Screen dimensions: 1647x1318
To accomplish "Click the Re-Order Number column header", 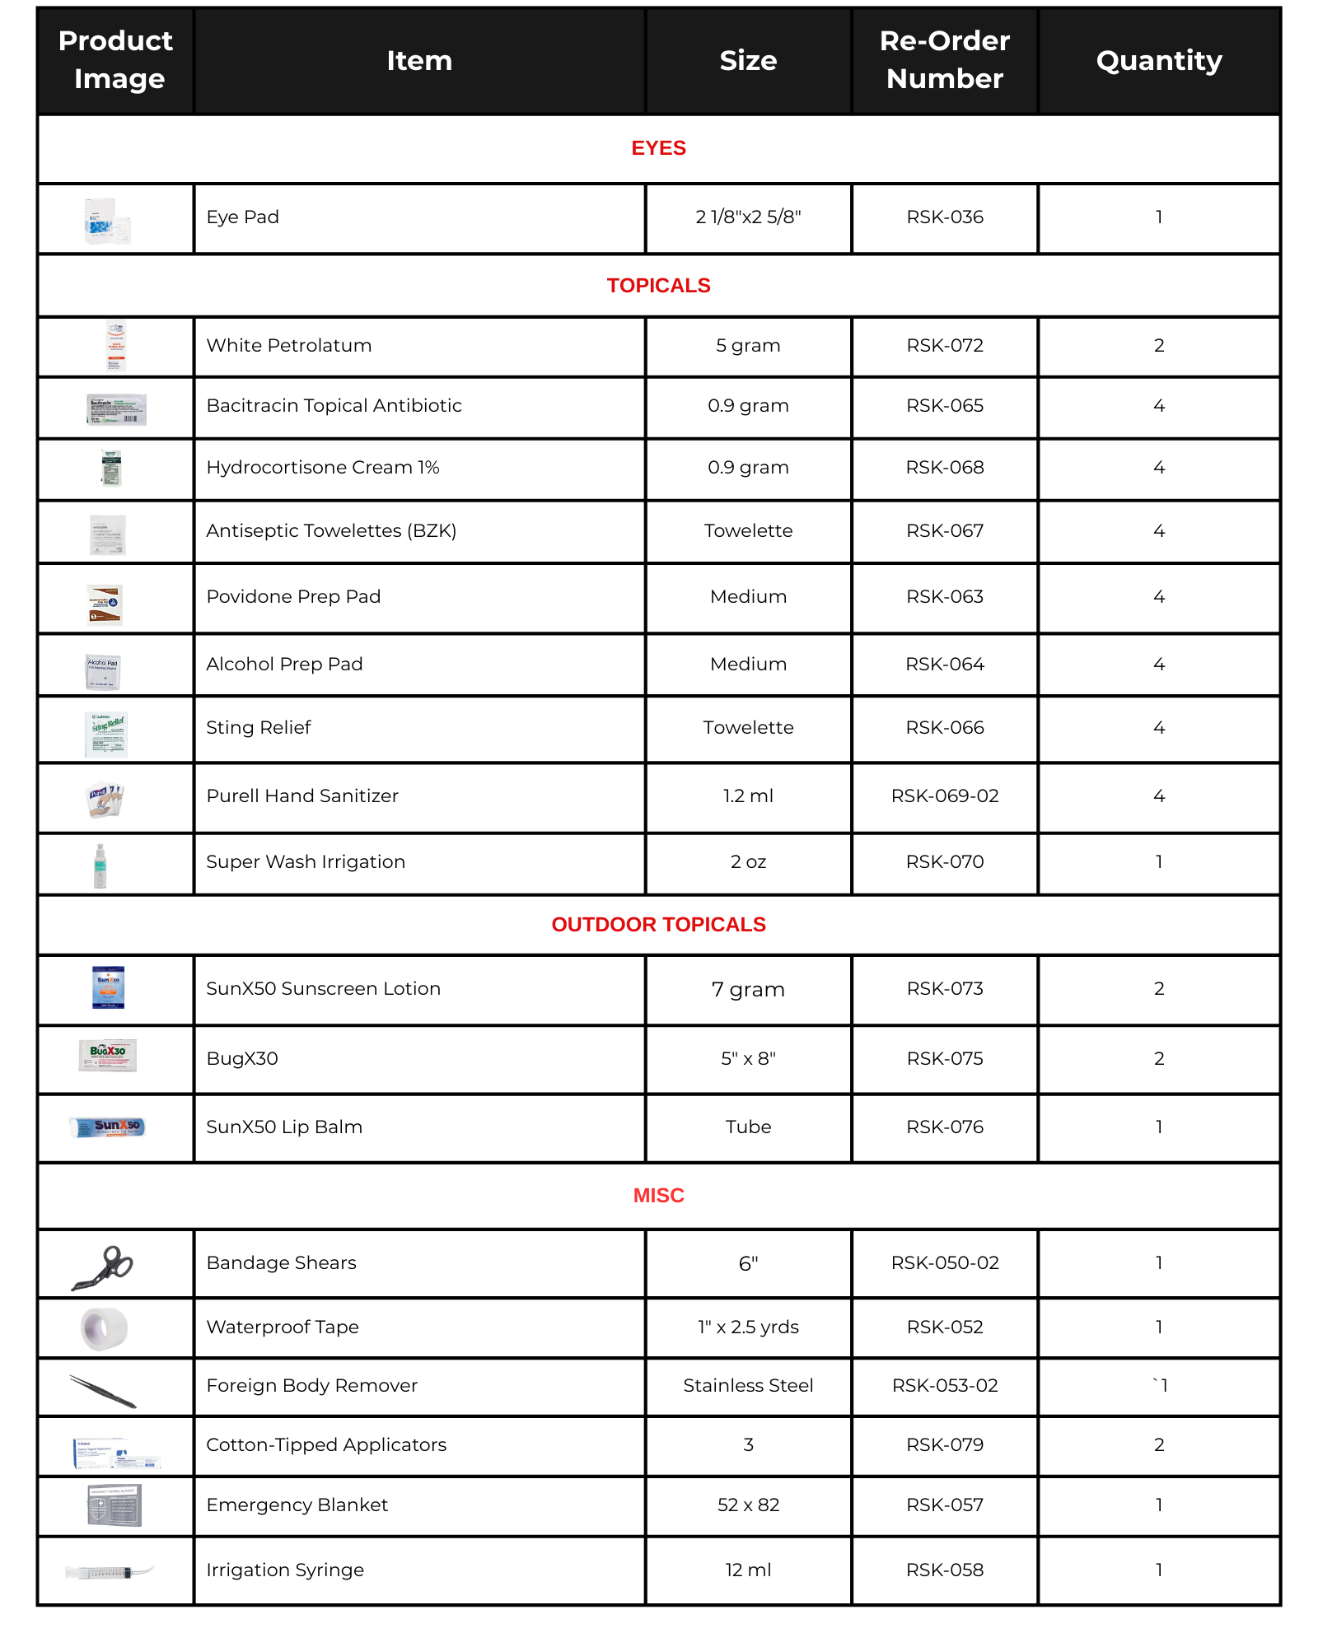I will click(944, 59).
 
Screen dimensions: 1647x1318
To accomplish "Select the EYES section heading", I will click(658, 148).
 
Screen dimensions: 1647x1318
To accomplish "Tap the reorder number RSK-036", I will click(944, 217).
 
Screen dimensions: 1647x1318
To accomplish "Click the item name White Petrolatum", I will click(289, 346).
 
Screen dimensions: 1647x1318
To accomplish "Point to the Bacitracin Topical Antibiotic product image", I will click(116, 408).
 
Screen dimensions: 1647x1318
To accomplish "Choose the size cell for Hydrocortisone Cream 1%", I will click(748, 468).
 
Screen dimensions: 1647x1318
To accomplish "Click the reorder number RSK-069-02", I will click(944, 796).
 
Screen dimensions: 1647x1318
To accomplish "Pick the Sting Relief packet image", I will click(106, 734).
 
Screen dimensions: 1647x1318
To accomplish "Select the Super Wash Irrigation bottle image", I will click(100, 865).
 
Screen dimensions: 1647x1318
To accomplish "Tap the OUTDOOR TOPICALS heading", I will click(658, 925).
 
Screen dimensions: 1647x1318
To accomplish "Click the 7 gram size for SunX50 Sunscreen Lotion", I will click(748, 989).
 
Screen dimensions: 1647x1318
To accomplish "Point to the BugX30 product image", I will click(108, 1055).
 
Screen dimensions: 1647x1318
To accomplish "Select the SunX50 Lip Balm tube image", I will click(109, 1127).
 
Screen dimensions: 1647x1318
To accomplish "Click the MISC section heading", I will click(658, 1196).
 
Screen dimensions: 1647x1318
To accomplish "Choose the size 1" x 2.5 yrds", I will click(748, 1327).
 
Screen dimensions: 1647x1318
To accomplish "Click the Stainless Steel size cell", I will click(748, 1386).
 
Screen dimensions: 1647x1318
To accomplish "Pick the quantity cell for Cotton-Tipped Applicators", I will click(1158, 1445).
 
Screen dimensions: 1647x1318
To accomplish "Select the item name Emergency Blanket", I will click(297, 1505).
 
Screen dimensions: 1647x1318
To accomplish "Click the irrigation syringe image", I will click(109, 1572).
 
